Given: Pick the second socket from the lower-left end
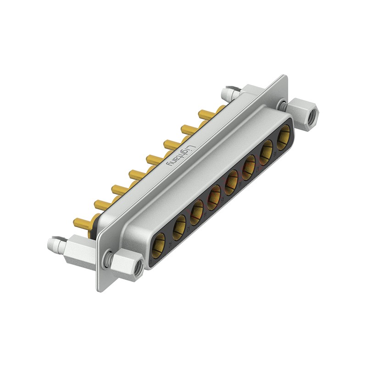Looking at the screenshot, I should pyautogui.click(x=179, y=226).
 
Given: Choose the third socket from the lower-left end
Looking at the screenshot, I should pyautogui.click(x=197, y=210).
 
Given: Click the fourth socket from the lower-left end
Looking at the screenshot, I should pyautogui.click(x=214, y=195).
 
